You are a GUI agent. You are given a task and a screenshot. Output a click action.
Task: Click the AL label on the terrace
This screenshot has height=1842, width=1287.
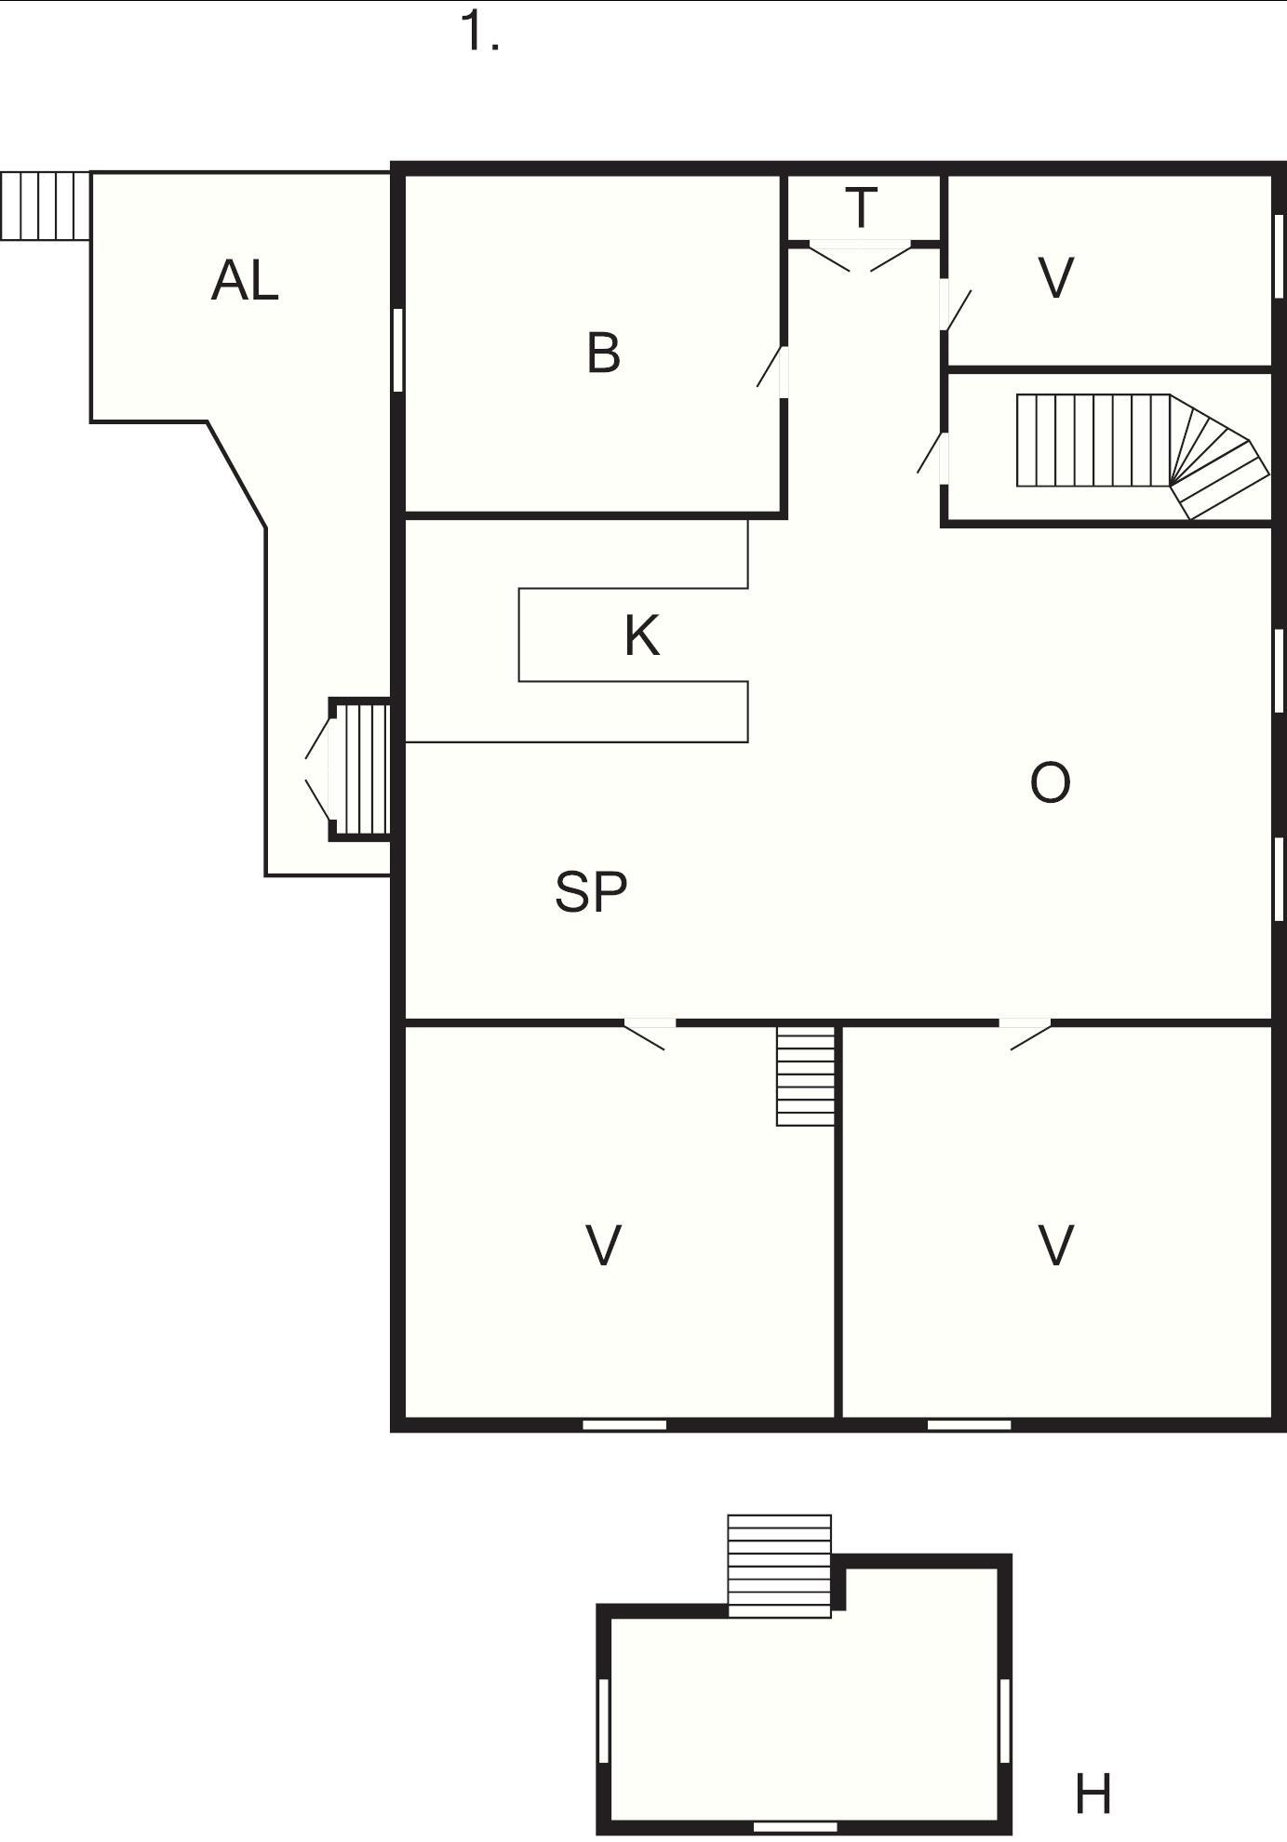click(245, 280)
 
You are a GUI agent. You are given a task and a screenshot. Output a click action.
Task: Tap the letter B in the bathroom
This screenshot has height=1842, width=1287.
click(604, 354)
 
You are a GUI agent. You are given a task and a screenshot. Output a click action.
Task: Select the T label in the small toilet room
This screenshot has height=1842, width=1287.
click(863, 207)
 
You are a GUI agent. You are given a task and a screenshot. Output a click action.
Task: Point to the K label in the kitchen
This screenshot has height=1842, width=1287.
click(642, 636)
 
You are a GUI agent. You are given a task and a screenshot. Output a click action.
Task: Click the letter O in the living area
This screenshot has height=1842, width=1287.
click(1051, 782)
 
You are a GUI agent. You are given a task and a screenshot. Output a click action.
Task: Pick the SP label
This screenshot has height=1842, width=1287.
click(591, 891)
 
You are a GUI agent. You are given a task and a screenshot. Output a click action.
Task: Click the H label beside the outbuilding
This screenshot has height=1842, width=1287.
click(1093, 1794)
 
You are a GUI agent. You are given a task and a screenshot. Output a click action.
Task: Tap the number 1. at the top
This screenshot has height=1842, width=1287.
click(480, 33)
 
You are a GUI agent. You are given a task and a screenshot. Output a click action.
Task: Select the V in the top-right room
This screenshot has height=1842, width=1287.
click(1056, 277)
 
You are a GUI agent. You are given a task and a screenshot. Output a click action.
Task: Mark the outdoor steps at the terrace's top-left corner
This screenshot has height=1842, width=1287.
click(45, 206)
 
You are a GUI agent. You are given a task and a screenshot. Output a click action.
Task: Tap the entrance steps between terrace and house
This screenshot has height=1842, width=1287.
click(359, 769)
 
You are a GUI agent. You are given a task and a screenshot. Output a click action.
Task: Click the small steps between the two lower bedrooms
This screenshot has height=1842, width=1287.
click(806, 1076)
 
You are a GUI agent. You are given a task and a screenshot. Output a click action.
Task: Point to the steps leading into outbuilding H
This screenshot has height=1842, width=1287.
click(780, 1566)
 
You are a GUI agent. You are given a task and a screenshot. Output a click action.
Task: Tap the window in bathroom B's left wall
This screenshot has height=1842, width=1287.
click(397, 350)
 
